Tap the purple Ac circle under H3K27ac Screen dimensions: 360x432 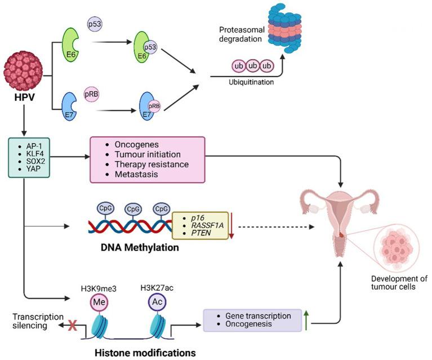coord(158,300)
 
